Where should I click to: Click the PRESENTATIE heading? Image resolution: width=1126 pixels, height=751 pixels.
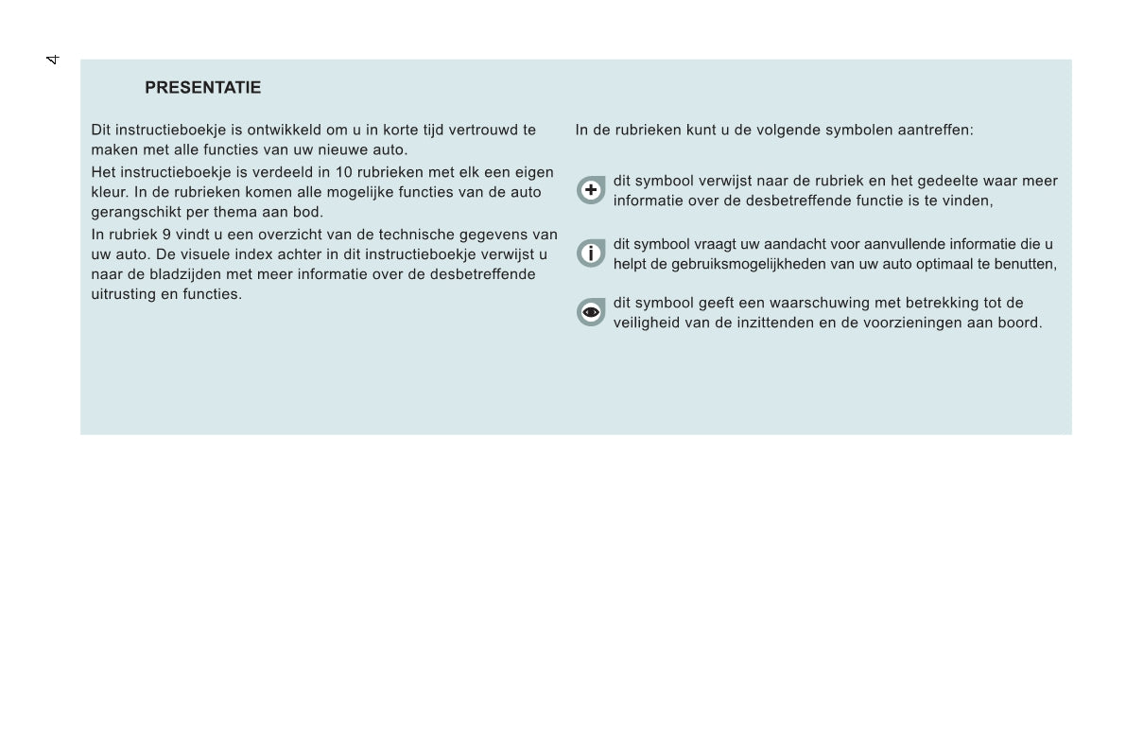(x=202, y=88)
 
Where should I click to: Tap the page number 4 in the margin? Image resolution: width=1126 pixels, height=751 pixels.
(x=53, y=60)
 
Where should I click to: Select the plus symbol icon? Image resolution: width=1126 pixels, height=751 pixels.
(x=591, y=190)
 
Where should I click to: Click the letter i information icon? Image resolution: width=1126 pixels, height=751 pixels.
(x=591, y=253)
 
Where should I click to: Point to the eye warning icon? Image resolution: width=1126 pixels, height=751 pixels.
(x=591, y=312)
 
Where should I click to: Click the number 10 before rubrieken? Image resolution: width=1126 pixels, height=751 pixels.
(x=343, y=172)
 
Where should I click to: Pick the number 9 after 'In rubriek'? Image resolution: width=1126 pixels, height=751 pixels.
(x=166, y=235)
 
